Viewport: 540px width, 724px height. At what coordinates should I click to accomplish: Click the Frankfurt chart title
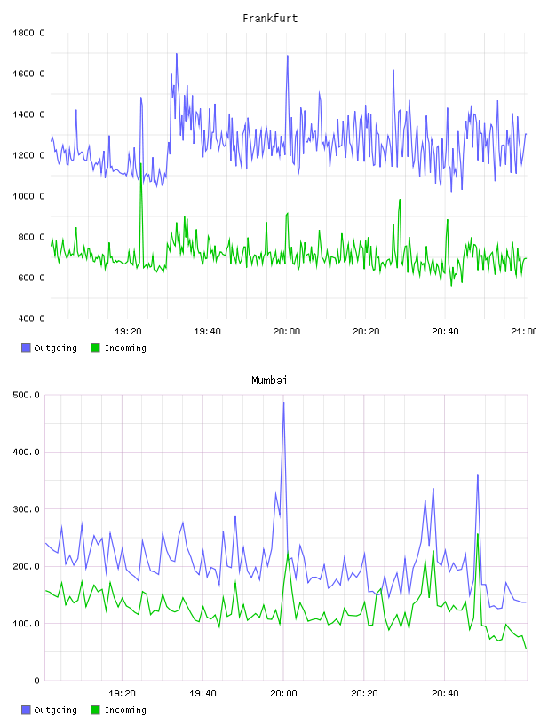coord(270,19)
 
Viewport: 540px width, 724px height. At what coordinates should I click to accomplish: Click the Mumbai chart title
coord(269,381)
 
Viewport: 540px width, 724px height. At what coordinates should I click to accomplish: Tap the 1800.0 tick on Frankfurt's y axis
coord(28,33)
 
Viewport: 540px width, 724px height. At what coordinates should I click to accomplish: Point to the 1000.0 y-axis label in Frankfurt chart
coord(28,196)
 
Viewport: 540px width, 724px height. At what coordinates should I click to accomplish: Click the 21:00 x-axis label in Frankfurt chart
coord(524,332)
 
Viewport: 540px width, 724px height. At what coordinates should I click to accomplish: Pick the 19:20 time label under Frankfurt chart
coord(128,332)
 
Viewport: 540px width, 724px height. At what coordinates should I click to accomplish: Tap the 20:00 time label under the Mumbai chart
coord(283,694)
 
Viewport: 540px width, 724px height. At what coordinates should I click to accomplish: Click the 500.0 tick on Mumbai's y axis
coord(27,395)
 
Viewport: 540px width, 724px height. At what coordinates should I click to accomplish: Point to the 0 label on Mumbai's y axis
coord(37,681)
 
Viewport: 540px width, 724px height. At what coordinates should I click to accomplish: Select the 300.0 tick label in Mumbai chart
coord(27,509)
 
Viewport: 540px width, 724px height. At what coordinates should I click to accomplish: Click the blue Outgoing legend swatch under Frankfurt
coord(26,348)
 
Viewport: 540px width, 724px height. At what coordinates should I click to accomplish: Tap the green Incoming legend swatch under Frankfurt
coord(95,348)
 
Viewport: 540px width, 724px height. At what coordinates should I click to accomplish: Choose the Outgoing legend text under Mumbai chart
coord(55,710)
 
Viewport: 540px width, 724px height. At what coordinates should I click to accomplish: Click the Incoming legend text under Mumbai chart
coord(125,710)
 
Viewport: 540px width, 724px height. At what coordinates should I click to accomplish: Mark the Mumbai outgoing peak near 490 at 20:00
coord(283,403)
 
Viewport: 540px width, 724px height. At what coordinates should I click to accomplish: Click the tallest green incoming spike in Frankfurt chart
coord(141,163)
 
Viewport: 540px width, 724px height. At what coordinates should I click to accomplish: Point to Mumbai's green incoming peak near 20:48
coord(478,534)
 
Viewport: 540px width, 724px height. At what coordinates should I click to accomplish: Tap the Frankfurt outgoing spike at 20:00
coord(288,56)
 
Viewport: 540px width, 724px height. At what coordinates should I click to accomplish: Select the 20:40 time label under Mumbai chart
coord(445,694)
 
